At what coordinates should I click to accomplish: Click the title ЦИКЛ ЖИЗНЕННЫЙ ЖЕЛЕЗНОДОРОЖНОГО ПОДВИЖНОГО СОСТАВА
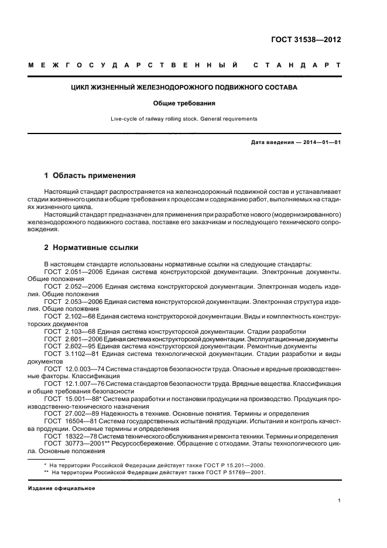[x=184, y=87]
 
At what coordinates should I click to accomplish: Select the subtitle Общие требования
[x=184, y=103]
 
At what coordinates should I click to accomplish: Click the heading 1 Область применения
[x=90, y=175]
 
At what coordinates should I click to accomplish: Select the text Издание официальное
[x=61, y=488]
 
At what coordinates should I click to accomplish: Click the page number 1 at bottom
[x=339, y=501]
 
